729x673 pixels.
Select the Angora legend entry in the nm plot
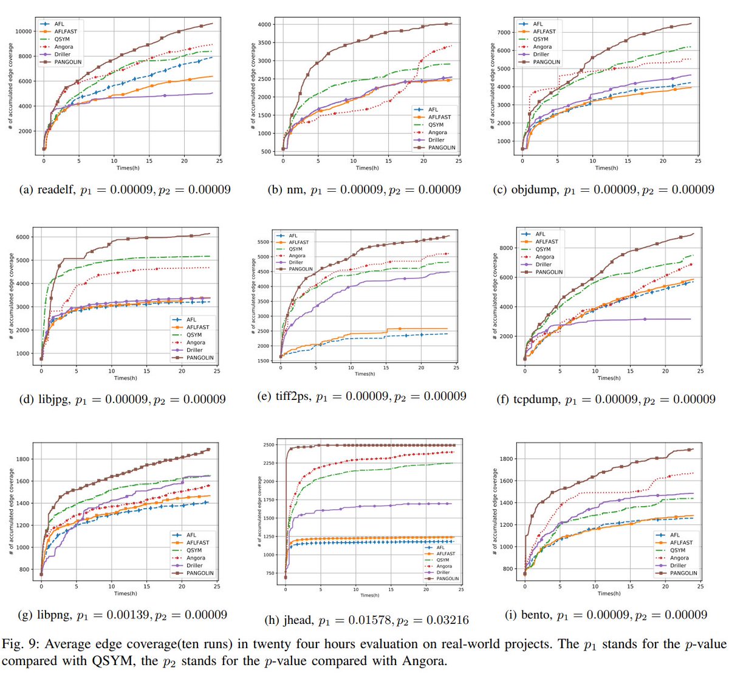tap(437, 132)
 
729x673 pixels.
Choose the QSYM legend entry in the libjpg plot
tap(194, 335)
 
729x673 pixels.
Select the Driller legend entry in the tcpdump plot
tap(544, 265)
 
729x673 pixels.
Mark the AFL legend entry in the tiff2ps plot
tap(293, 235)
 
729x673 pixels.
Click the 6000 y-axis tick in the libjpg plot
tap(22, 237)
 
